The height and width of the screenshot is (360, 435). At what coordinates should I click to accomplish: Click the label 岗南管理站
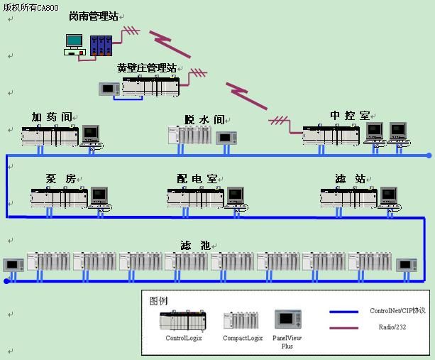click(x=93, y=16)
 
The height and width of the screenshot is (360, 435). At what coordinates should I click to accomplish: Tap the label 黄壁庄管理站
click(x=147, y=68)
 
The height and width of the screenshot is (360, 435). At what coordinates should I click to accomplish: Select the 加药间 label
click(x=52, y=116)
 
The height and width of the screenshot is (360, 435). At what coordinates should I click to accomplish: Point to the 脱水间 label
click(x=204, y=120)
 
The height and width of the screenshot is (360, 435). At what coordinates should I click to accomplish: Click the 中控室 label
click(x=350, y=115)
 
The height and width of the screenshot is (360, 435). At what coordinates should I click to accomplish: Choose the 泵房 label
click(x=60, y=179)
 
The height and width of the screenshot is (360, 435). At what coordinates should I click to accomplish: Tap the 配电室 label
click(x=197, y=179)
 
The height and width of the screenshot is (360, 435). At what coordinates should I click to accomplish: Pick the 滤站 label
click(x=350, y=179)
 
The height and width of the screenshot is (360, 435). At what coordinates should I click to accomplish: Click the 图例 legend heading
click(x=158, y=300)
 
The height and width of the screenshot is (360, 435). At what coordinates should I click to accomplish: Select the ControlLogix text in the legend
click(x=184, y=338)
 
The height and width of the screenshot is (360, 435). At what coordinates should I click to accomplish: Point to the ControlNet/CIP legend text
click(x=397, y=311)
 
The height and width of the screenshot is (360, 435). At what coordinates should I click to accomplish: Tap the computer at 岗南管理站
click(x=75, y=44)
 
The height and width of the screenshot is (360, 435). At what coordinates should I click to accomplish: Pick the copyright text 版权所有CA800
click(x=31, y=7)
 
